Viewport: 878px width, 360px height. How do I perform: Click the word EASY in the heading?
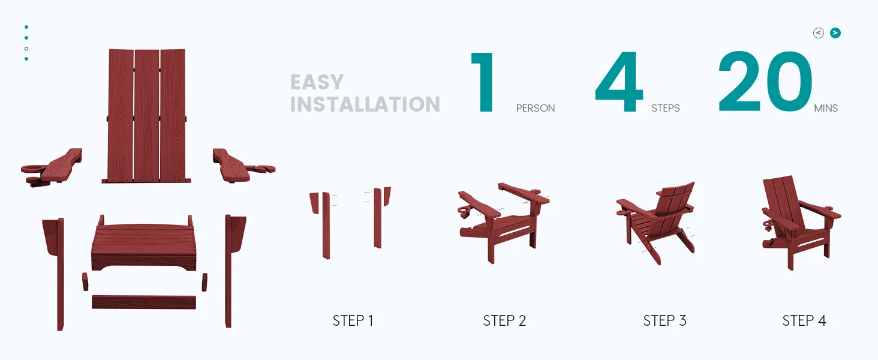tap(317, 82)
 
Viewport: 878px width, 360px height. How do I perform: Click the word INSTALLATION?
tap(365, 104)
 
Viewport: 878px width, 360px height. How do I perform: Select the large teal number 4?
tap(619, 82)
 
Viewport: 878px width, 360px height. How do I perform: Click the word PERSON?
tap(536, 108)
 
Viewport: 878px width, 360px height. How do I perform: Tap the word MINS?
tap(826, 108)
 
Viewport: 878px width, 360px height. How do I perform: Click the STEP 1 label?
tap(353, 321)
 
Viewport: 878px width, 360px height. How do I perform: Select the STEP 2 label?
tap(504, 321)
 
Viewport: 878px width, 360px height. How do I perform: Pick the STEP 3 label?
tap(664, 321)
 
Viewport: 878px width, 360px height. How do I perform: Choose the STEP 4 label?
tap(804, 321)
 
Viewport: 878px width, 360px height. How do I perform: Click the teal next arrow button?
tap(835, 33)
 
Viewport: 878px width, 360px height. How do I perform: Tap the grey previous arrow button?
tap(819, 33)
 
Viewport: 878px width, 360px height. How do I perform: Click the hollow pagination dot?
tap(26, 49)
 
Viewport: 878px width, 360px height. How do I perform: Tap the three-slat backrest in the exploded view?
tap(146, 116)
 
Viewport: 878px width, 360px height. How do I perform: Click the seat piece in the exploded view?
tap(143, 243)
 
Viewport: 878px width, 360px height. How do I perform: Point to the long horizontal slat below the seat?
tap(144, 302)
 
